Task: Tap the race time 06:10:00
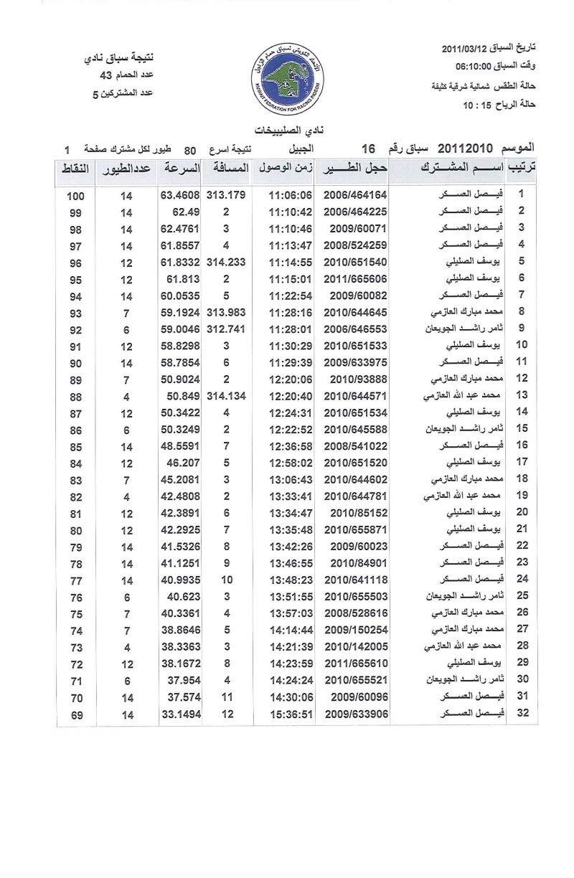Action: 480,67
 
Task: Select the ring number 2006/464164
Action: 355,194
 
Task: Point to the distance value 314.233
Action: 225,263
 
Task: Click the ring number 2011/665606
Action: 355,280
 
